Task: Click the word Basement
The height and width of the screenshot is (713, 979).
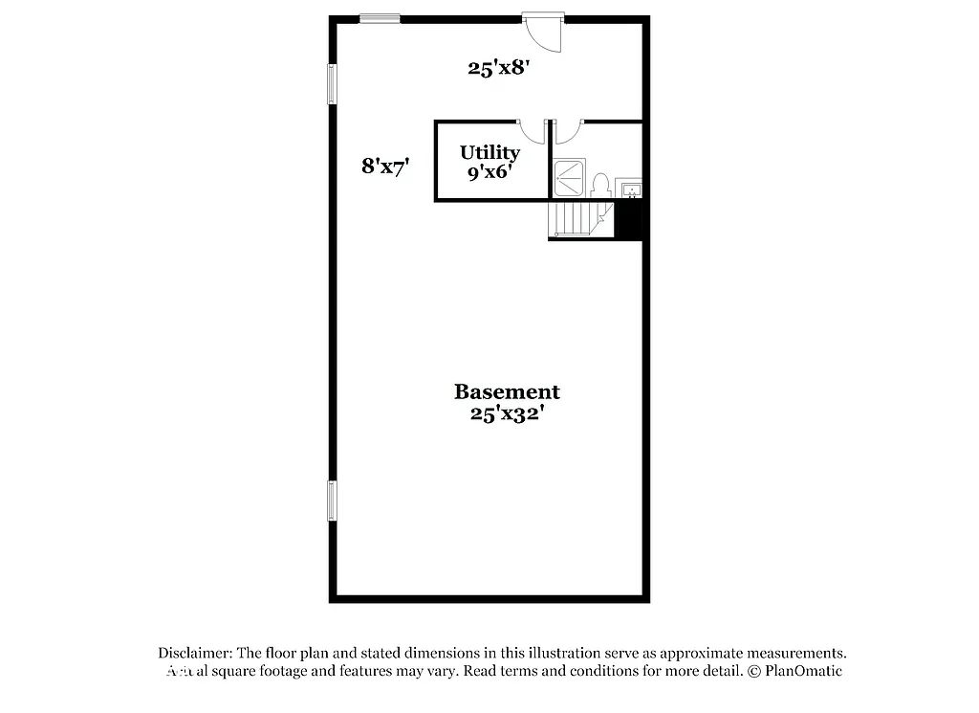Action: pos(507,391)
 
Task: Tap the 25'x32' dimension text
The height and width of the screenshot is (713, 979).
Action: pos(507,414)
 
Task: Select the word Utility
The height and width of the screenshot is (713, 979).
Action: pos(489,152)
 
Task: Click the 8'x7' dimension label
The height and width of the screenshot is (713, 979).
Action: pos(385,166)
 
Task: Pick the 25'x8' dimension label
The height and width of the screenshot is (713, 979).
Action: pos(498,68)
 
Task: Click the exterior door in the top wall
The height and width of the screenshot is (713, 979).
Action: pos(545,31)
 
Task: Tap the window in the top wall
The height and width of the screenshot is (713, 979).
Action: pos(380,17)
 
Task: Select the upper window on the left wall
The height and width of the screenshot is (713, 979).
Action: pos(332,84)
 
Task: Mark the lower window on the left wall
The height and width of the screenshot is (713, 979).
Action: pos(332,501)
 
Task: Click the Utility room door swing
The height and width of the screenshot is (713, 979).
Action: pos(532,132)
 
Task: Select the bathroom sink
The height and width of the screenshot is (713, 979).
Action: pos(630,189)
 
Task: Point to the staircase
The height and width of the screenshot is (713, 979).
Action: pos(579,219)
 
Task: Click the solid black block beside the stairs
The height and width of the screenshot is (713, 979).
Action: pos(630,221)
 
